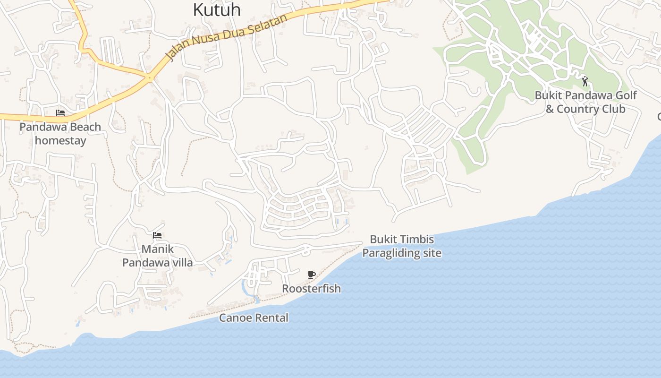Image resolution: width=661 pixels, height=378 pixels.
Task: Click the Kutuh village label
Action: pos(217,9)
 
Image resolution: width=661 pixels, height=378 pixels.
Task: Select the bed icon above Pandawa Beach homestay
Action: pos(60,113)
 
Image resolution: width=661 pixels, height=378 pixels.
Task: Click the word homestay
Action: pos(60,141)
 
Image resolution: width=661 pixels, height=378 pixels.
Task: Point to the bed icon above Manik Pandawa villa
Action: pos(157,235)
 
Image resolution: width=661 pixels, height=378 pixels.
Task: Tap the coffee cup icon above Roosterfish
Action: pos(311,275)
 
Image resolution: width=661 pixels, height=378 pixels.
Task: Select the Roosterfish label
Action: pos(311,288)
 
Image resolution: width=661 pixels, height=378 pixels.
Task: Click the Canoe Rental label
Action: pos(254,318)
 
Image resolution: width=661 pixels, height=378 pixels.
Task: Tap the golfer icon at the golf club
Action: pos(585,81)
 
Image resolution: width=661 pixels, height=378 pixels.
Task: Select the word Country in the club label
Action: pos(577,109)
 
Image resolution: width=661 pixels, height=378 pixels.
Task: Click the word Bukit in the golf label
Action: pos(548,95)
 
